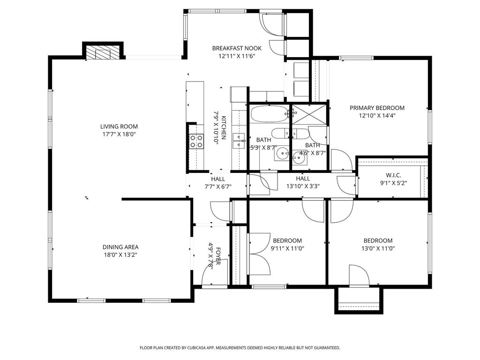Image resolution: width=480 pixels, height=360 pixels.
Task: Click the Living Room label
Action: [119, 127]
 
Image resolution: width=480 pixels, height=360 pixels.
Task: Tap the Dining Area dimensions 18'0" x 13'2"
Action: [120, 255]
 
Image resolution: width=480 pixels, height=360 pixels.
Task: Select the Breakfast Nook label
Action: [237, 48]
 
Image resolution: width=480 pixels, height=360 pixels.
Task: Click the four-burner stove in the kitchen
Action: [196, 142]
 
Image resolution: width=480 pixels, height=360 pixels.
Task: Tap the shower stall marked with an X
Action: [309, 115]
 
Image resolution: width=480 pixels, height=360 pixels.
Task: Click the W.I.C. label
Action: [393, 175]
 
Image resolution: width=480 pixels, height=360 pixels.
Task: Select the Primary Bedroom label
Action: [377, 108]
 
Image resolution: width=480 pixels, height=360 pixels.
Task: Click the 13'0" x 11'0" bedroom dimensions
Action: [378, 248]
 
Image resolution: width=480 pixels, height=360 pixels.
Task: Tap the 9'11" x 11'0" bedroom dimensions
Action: [287, 248]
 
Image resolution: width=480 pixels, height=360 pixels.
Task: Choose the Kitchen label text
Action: [224, 127]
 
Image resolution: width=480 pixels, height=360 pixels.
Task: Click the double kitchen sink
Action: [239, 141]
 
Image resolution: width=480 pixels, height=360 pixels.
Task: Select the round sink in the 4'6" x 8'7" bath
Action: [298, 158]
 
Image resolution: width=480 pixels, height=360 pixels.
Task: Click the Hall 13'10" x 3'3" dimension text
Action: [303, 186]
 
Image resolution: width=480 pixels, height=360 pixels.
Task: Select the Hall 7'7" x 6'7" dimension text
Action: [218, 186]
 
